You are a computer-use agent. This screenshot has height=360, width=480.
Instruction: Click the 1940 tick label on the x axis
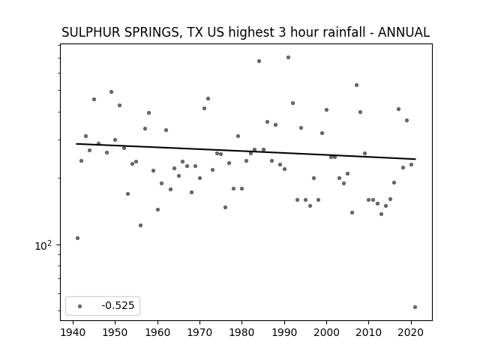pos(73,332)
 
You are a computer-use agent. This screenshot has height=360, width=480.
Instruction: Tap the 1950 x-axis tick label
pos(115,332)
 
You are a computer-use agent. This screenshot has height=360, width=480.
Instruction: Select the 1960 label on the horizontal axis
pos(157,332)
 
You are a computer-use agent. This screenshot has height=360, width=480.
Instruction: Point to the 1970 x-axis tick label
pos(199,332)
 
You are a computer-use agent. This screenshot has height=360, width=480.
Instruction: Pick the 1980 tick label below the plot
pos(241,332)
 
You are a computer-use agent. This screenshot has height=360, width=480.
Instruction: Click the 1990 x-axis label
pos(284,332)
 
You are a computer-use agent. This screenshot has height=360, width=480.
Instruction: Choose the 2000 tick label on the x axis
pos(326,332)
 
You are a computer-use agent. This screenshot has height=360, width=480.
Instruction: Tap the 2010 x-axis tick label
pos(368,332)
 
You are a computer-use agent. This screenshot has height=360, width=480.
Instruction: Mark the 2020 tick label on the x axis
pos(411,332)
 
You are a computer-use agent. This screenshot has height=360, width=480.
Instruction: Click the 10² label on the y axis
pos(43,245)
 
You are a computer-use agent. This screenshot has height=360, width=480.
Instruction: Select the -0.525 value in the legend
pos(118,305)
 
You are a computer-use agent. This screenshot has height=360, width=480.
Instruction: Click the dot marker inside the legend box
pos(80,306)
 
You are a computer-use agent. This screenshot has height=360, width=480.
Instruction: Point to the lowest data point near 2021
pos(415,307)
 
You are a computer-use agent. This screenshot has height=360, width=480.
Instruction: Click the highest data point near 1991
pos(288,57)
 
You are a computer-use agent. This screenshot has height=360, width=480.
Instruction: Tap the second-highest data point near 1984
pos(259,61)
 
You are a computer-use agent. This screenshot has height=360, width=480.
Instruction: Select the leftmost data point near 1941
pos(77,238)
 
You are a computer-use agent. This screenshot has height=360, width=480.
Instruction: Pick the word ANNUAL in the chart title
pos(403,32)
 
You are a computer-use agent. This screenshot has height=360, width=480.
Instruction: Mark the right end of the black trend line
pos(415,159)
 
